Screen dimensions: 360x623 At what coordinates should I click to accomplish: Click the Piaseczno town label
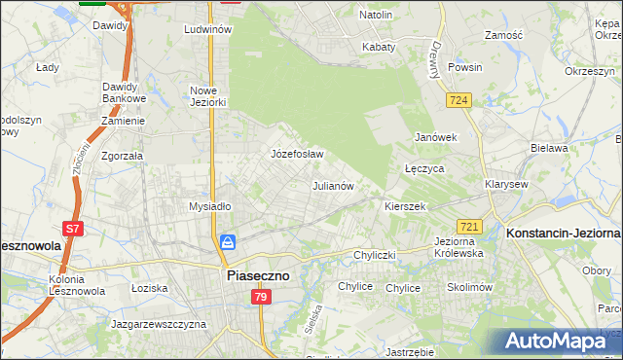(x=257, y=275)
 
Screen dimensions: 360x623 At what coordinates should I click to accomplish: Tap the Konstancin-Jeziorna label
(x=563, y=233)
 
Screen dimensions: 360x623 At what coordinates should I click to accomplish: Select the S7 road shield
(x=73, y=230)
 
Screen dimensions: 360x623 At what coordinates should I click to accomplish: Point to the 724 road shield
(x=460, y=100)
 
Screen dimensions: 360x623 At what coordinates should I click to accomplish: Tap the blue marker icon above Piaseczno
(x=228, y=241)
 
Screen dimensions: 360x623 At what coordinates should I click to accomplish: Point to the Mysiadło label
(x=209, y=206)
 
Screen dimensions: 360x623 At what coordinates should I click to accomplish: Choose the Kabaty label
(x=379, y=46)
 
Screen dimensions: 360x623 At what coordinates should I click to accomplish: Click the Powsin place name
(x=465, y=68)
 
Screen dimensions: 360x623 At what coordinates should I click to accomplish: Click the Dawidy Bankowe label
(x=124, y=92)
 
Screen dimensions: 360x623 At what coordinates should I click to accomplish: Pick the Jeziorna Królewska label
(x=458, y=246)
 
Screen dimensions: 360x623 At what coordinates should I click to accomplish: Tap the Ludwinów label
(x=207, y=29)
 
